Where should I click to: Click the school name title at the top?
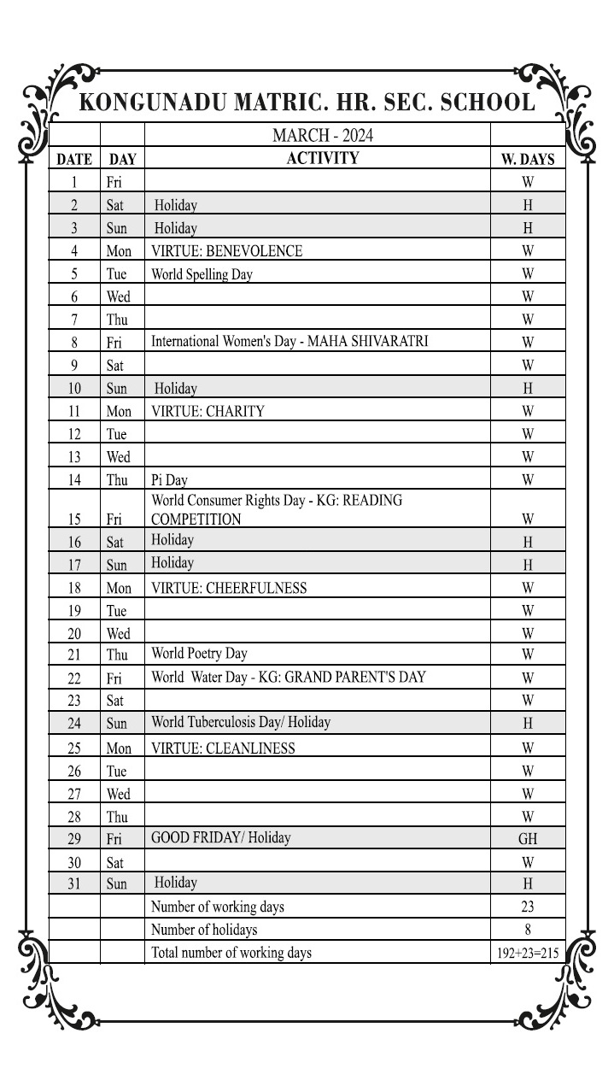point(307,103)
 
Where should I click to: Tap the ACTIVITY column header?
point(322,158)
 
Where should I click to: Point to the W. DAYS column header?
point(527,159)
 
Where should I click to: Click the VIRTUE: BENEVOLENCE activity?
point(226,251)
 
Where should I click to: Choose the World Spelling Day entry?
point(202,274)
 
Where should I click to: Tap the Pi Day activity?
point(169,479)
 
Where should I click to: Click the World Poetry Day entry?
point(199,654)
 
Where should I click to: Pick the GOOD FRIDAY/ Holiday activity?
point(220,837)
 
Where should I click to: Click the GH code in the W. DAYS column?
point(528,838)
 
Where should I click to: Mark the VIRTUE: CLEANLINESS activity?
point(223,749)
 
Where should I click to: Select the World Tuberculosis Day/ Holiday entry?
point(241,722)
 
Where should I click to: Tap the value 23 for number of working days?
point(528,907)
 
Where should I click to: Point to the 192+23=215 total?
point(528,953)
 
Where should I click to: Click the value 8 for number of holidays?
point(528,930)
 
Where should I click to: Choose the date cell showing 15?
point(74,519)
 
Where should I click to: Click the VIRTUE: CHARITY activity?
point(208,411)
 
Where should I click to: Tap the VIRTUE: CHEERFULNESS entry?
point(229,588)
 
